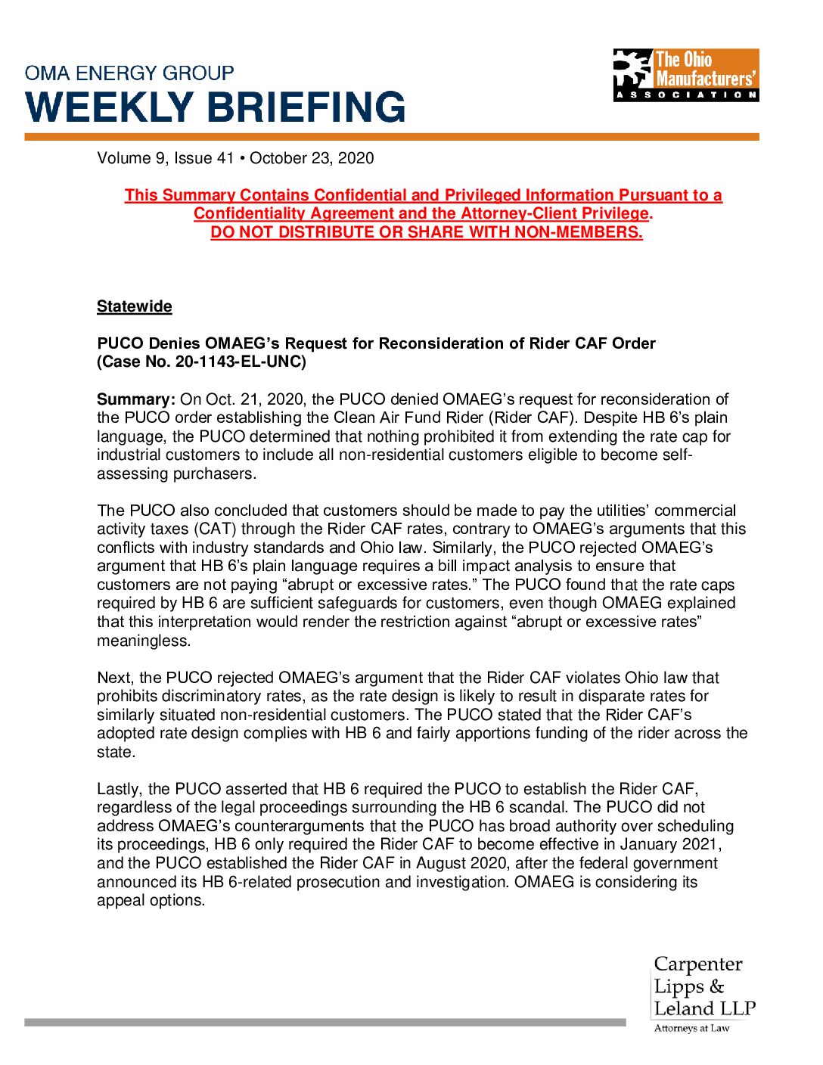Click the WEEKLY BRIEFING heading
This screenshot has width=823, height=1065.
point(216,107)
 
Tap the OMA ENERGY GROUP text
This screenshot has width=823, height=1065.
point(129,73)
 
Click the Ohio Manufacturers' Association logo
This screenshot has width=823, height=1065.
point(685,75)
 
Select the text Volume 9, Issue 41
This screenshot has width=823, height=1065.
point(166,158)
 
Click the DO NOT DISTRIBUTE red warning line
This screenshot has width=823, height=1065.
point(427,232)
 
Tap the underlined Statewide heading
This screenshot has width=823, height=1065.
point(135,306)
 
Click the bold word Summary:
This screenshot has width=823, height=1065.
point(136,399)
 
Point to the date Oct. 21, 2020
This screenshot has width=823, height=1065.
point(243,399)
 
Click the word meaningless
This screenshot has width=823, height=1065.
point(143,641)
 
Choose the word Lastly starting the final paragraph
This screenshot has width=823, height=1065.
point(118,789)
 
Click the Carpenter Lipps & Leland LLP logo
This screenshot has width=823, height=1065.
point(703,986)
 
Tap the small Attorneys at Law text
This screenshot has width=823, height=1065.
point(691,1028)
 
